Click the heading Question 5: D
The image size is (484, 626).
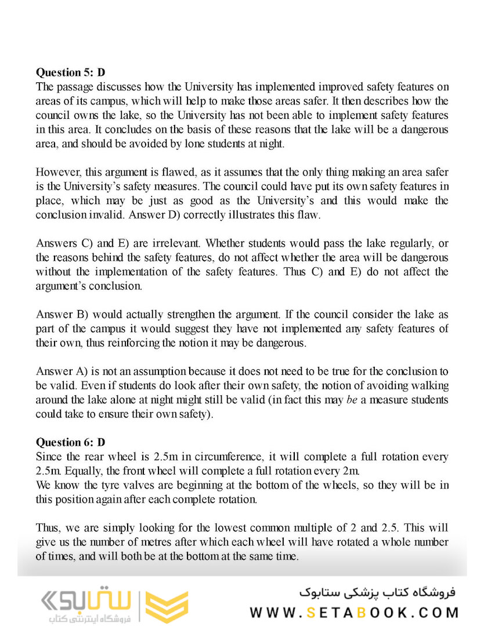click(x=71, y=73)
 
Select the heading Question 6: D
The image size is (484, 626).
click(x=71, y=442)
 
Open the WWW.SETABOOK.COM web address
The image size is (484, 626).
click(x=355, y=612)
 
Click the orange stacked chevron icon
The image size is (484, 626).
click(x=167, y=607)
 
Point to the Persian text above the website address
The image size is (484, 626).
click(x=378, y=592)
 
